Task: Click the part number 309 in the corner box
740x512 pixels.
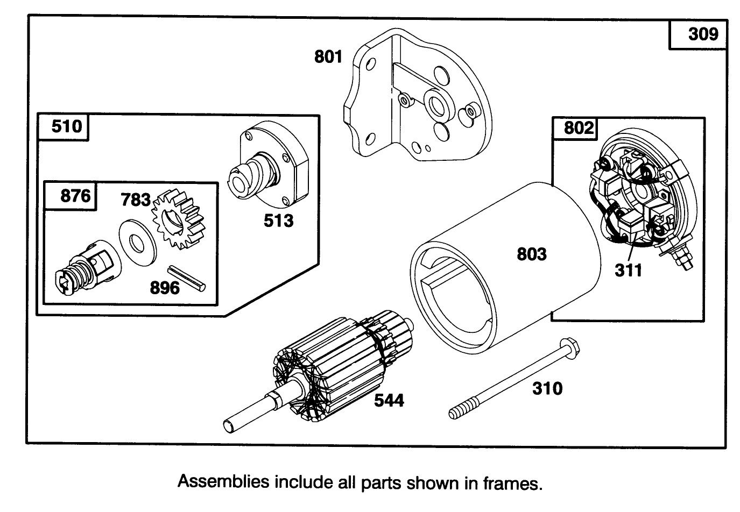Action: coord(703,34)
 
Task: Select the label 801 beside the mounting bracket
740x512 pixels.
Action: coord(328,56)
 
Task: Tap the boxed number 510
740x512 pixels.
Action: coord(67,126)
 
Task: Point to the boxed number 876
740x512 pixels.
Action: coord(75,195)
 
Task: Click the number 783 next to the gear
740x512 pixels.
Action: coord(135,200)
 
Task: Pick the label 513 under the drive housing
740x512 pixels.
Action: coord(278,221)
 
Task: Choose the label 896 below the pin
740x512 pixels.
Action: coord(164,288)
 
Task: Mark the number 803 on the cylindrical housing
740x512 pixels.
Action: coord(532,253)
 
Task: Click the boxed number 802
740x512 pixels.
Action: coord(579,128)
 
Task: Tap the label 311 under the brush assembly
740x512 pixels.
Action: coord(629,270)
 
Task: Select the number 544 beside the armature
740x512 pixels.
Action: coord(389,400)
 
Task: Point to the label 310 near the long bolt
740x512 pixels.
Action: coord(547,388)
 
